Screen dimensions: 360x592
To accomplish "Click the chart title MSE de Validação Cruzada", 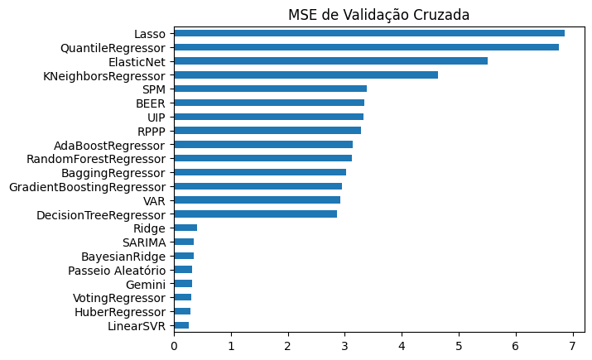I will (x=378, y=15).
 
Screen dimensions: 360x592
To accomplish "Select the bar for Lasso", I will (x=368, y=33).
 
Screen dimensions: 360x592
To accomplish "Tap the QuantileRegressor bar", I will (x=366, y=47).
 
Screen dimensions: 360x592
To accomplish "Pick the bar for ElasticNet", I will (x=330, y=61).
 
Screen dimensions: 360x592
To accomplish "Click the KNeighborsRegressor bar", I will (x=306, y=75).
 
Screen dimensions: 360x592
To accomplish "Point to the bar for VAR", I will (x=257, y=199).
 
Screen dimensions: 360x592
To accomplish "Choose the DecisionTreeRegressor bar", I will (x=255, y=214).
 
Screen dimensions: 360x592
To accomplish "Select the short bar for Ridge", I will (x=185, y=228).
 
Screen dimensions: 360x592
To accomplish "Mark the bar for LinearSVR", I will (x=181, y=325).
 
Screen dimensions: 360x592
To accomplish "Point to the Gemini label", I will (x=147, y=284).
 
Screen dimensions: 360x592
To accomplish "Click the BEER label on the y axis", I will (x=151, y=103).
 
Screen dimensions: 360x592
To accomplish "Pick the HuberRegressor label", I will (x=121, y=311).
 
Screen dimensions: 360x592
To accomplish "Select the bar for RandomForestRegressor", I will (x=262, y=158).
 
